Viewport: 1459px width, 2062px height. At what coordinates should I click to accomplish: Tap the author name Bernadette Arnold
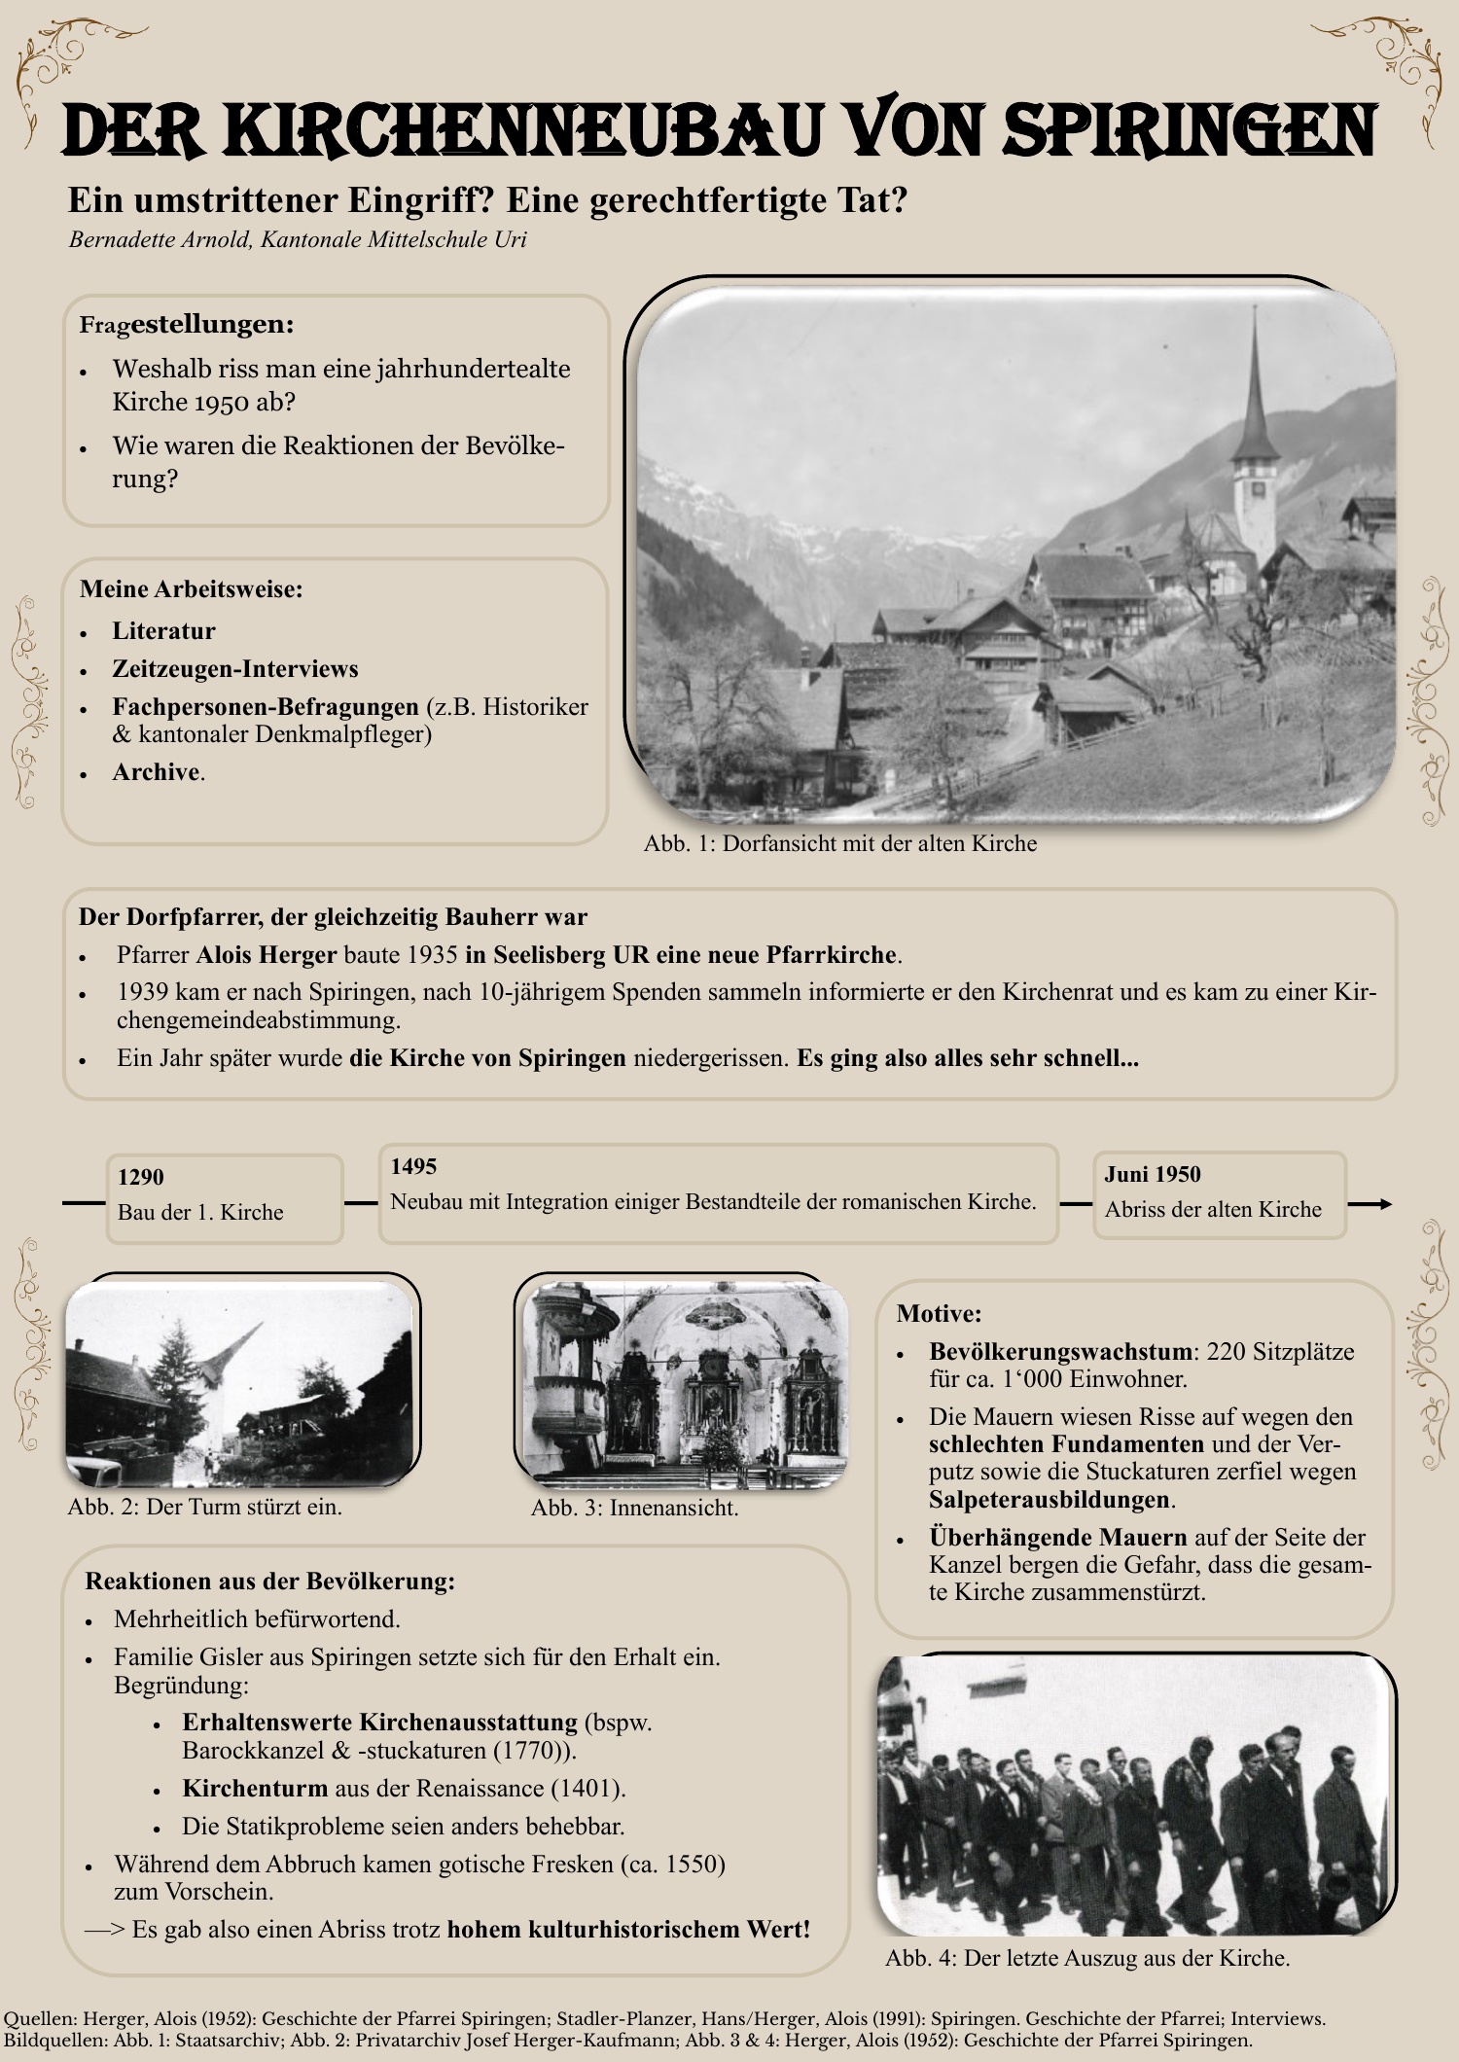(160, 239)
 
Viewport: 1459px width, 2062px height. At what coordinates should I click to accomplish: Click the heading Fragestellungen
(187, 324)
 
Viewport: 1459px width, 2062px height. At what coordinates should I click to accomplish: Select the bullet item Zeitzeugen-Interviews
(235, 669)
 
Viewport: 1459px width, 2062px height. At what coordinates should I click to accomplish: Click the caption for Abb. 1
(840, 843)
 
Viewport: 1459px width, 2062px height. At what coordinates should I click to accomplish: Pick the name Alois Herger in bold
(267, 954)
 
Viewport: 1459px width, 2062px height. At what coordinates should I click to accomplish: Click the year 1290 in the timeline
(141, 1177)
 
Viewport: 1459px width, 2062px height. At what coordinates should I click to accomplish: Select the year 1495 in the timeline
(413, 1166)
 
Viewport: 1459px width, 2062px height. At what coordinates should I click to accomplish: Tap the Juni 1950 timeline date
(1152, 1174)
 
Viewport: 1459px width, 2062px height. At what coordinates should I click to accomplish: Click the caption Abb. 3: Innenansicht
(634, 1508)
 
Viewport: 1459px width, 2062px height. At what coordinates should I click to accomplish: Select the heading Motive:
(939, 1313)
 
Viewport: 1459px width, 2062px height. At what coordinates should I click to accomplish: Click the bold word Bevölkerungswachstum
(1060, 1351)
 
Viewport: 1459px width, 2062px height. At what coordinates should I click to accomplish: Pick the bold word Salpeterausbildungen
(1049, 1499)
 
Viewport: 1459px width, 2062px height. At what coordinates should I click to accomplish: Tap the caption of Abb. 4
(1087, 1958)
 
